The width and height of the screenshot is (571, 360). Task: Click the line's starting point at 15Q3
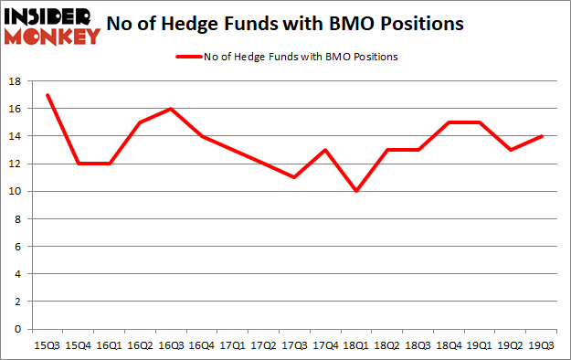point(47,95)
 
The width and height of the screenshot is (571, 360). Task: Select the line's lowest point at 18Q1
point(356,191)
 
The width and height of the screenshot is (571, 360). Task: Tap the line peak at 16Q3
point(171,109)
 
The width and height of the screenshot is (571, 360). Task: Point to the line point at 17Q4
point(325,150)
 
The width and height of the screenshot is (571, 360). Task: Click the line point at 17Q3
point(294,177)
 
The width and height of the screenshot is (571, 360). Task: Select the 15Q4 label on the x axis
point(78,346)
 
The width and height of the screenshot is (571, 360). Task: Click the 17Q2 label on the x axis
point(263,346)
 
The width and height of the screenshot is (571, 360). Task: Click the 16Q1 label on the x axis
point(109,346)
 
